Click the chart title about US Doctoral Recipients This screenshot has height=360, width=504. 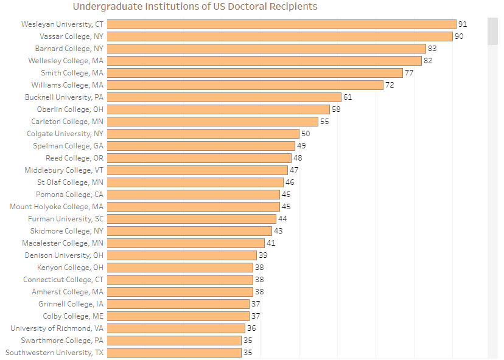(x=195, y=7)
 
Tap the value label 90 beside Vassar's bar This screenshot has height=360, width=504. (x=459, y=36)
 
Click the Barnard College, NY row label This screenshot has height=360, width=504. (x=69, y=49)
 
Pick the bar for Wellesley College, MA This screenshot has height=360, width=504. (x=265, y=61)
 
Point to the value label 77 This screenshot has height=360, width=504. (x=409, y=73)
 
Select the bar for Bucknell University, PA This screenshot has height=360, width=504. (x=225, y=97)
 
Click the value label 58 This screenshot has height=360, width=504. (x=336, y=109)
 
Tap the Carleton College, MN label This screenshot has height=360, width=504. (x=68, y=122)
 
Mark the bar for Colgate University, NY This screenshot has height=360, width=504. (x=204, y=134)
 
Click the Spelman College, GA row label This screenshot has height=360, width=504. (x=68, y=146)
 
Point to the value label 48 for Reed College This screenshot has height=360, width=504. (x=298, y=158)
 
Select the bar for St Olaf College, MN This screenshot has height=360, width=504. (x=196, y=182)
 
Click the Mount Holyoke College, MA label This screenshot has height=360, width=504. (x=57, y=207)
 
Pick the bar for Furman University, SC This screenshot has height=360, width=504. (x=192, y=219)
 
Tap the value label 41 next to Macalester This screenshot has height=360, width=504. (x=271, y=243)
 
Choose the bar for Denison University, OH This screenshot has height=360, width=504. (x=183, y=255)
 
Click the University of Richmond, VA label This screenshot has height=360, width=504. (x=57, y=328)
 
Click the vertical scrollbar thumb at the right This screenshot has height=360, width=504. (x=492, y=31)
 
